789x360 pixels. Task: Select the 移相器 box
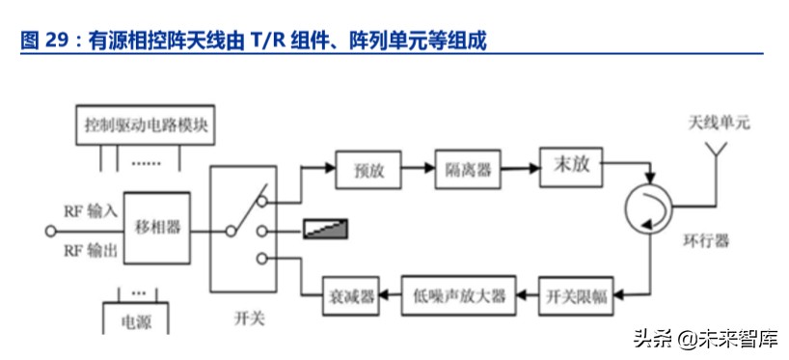click(154, 231)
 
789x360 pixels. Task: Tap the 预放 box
click(368, 170)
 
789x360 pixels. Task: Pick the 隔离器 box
click(468, 170)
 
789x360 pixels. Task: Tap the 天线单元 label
click(719, 124)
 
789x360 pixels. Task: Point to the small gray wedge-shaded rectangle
click(326, 230)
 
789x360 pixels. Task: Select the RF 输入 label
click(90, 209)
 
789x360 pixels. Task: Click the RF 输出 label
click(90, 251)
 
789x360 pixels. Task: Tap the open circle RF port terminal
click(52, 231)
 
